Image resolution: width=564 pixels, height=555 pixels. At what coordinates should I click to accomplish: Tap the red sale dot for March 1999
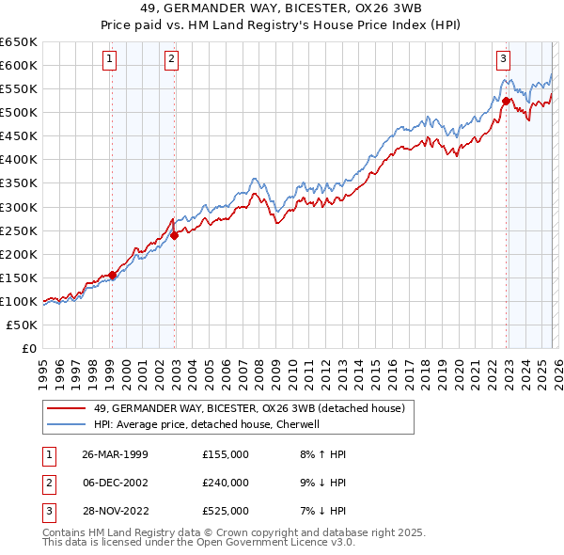click(113, 275)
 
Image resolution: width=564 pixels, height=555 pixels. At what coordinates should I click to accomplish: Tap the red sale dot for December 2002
click(174, 235)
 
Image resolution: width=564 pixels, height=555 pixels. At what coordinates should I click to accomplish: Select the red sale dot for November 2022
click(506, 101)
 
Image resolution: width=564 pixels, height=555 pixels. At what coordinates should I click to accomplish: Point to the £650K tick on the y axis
click(19, 42)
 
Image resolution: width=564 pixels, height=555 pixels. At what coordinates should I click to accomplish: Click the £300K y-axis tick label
click(19, 207)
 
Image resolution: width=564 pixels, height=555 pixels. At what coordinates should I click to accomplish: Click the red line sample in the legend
click(66, 408)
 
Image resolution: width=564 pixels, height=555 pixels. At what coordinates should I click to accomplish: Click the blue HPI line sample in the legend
click(66, 424)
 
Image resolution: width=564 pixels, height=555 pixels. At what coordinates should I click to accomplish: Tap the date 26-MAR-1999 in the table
click(115, 454)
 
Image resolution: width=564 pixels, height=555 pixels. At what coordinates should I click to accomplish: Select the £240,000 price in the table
click(225, 483)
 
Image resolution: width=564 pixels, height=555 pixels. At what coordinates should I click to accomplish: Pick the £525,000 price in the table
click(225, 511)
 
